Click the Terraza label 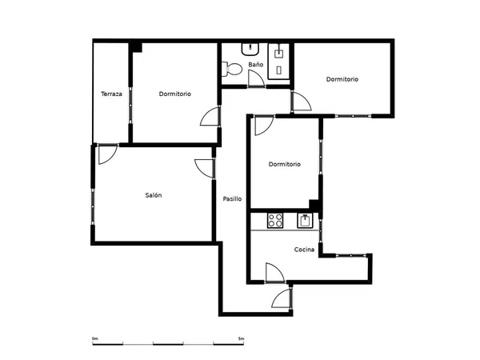(x=111, y=94)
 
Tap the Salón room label (x=154, y=195)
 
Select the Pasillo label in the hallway (x=232, y=199)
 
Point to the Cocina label (x=304, y=250)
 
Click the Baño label (x=256, y=65)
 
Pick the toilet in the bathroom (x=232, y=69)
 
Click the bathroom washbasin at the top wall (x=250, y=50)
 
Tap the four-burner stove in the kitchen (x=275, y=220)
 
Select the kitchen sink (x=305, y=221)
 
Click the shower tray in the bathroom (x=279, y=62)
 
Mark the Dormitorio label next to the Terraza (x=174, y=94)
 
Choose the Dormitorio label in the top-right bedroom (x=342, y=79)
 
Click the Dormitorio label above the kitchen (x=284, y=164)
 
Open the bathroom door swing (x=256, y=78)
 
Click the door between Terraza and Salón (x=108, y=154)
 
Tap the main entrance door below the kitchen (x=282, y=298)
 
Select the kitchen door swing (x=275, y=272)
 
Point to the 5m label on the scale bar (x=242, y=338)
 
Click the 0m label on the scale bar (x=95, y=338)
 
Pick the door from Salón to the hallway (x=205, y=168)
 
